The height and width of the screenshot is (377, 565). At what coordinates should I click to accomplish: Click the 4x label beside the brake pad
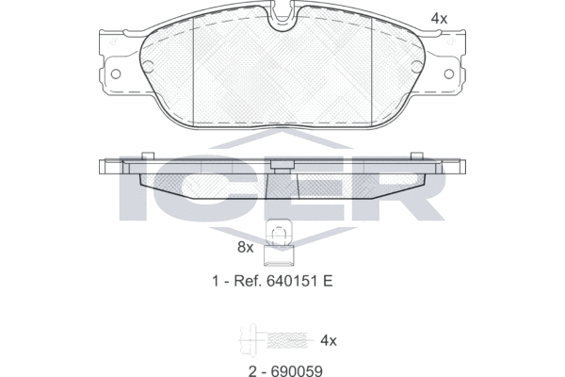pyautogui.click(x=439, y=19)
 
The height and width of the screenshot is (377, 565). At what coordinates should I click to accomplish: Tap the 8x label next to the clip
pyautogui.click(x=246, y=248)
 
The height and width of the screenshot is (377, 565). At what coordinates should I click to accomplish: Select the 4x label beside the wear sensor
pyautogui.click(x=329, y=340)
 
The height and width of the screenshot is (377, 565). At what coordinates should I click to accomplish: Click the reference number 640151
pyautogui.click(x=292, y=281)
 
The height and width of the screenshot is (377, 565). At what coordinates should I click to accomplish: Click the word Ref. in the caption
pyautogui.click(x=248, y=281)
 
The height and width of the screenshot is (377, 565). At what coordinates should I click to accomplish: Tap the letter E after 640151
pyautogui.click(x=328, y=281)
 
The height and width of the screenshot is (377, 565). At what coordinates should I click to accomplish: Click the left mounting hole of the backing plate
pyautogui.click(x=116, y=74)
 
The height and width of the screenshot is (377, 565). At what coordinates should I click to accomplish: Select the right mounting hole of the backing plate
pyautogui.click(x=449, y=74)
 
